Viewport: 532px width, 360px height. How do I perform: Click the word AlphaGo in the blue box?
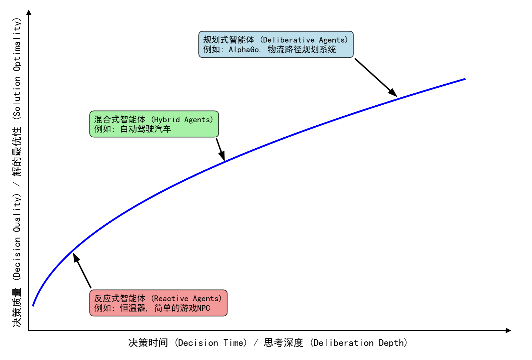pyautogui.click(x=244, y=50)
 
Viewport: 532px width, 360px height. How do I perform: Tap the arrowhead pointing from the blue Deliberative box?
pyautogui.click(x=393, y=93)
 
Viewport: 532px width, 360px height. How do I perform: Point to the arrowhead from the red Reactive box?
pyautogui.click(x=76, y=257)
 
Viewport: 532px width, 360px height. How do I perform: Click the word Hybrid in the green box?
pyautogui.click(x=166, y=120)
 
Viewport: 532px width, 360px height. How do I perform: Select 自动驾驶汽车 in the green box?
pyautogui.click(x=145, y=129)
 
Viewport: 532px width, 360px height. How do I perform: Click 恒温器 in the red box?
pyautogui.click(x=133, y=308)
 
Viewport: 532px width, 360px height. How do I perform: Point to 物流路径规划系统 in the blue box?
pyautogui.click(x=302, y=50)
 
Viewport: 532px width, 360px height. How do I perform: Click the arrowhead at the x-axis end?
pyautogui.click(x=509, y=330)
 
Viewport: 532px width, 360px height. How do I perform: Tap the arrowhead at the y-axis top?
pyautogui.click(x=29, y=12)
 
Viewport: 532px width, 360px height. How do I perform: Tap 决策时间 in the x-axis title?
pyautogui.click(x=148, y=343)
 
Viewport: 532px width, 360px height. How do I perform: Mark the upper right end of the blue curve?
pyautogui.click(x=465, y=79)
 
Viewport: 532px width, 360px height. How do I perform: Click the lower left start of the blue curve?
pyautogui.click(x=33, y=305)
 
